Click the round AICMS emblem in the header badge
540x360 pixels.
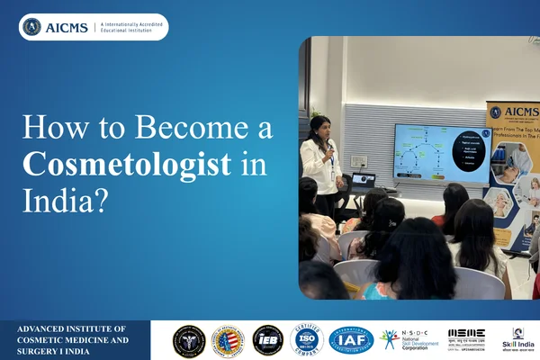(32, 27)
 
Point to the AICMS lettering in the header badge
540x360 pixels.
(67, 27)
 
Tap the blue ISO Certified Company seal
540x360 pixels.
(307, 340)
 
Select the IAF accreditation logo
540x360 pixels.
(350, 340)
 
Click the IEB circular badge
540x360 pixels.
(267, 340)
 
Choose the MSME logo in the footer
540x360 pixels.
(466, 338)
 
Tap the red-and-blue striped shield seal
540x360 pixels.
(228, 340)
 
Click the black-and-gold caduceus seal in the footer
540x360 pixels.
(189, 340)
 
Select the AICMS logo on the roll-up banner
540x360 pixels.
(513, 115)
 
